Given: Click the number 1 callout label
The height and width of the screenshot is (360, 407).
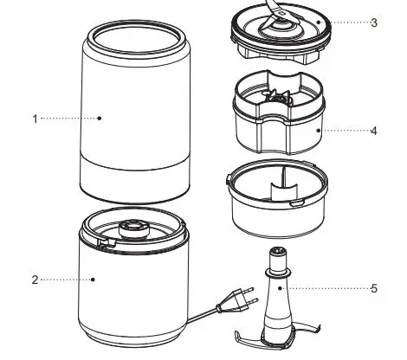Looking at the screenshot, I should (x=35, y=119).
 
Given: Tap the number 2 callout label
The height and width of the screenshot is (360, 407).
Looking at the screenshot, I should (x=35, y=280).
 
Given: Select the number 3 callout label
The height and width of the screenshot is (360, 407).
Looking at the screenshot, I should (x=373, y=22).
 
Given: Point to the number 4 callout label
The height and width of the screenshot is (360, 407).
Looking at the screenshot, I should (x=373, y=132).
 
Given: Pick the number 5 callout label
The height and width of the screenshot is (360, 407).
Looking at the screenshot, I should (x=373, y=288).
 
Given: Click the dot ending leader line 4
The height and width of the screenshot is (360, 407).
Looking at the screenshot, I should (x=318, y=132).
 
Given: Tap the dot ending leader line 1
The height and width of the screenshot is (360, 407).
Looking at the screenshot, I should (x=100, y=119).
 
